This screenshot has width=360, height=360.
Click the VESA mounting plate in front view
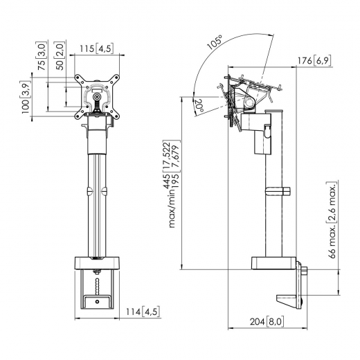coord(96,95)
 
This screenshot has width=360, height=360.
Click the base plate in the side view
coord(272,263)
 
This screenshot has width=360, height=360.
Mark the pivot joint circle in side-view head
coord(248,104)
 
